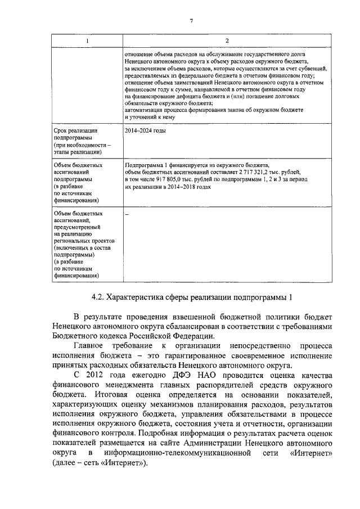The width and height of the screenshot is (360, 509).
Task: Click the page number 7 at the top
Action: (192, 21)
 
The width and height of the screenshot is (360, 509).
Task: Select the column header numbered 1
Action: (87, 41)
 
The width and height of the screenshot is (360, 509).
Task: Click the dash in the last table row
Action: (126, 214)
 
